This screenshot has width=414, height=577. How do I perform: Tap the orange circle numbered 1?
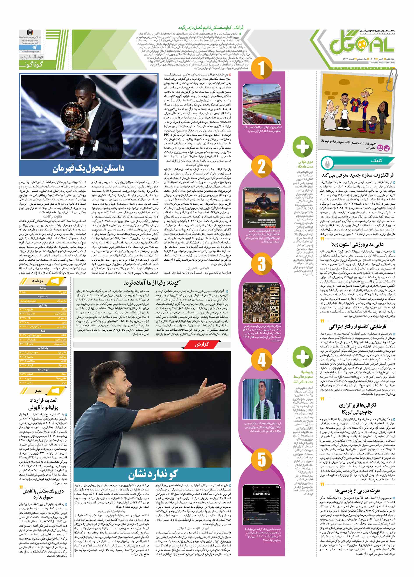262,68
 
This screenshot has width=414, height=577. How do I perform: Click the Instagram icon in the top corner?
30,33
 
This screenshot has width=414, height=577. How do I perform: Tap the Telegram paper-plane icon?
30,47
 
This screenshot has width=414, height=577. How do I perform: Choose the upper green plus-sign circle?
303,146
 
